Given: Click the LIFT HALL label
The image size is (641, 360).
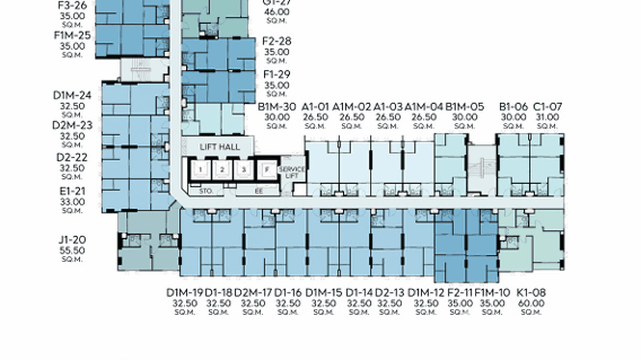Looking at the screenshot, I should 220,147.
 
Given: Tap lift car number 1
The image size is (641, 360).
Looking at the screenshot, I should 201,169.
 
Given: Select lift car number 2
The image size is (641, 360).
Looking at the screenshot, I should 223,169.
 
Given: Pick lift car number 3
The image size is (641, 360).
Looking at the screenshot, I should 244,169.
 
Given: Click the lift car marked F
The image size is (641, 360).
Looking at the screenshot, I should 267,169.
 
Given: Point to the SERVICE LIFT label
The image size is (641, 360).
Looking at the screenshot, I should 291,172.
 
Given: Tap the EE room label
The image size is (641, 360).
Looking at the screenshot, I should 259,191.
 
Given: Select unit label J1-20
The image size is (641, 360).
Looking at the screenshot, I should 72,240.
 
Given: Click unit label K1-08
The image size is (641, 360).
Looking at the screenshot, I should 531,292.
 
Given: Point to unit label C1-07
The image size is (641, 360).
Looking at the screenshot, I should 547,106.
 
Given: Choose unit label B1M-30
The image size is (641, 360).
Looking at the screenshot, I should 277,106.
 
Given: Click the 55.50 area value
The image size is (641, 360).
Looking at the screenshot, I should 72,250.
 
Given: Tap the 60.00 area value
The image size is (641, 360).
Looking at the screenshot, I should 531,303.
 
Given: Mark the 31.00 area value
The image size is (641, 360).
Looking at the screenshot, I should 547,117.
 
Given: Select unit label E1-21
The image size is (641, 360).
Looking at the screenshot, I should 72,191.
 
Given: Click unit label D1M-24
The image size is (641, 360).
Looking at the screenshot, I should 72,95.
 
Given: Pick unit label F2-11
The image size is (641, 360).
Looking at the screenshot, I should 460,292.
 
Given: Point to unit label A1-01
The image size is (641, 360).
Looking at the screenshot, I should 315,106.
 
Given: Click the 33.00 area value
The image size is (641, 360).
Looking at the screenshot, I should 72,202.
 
